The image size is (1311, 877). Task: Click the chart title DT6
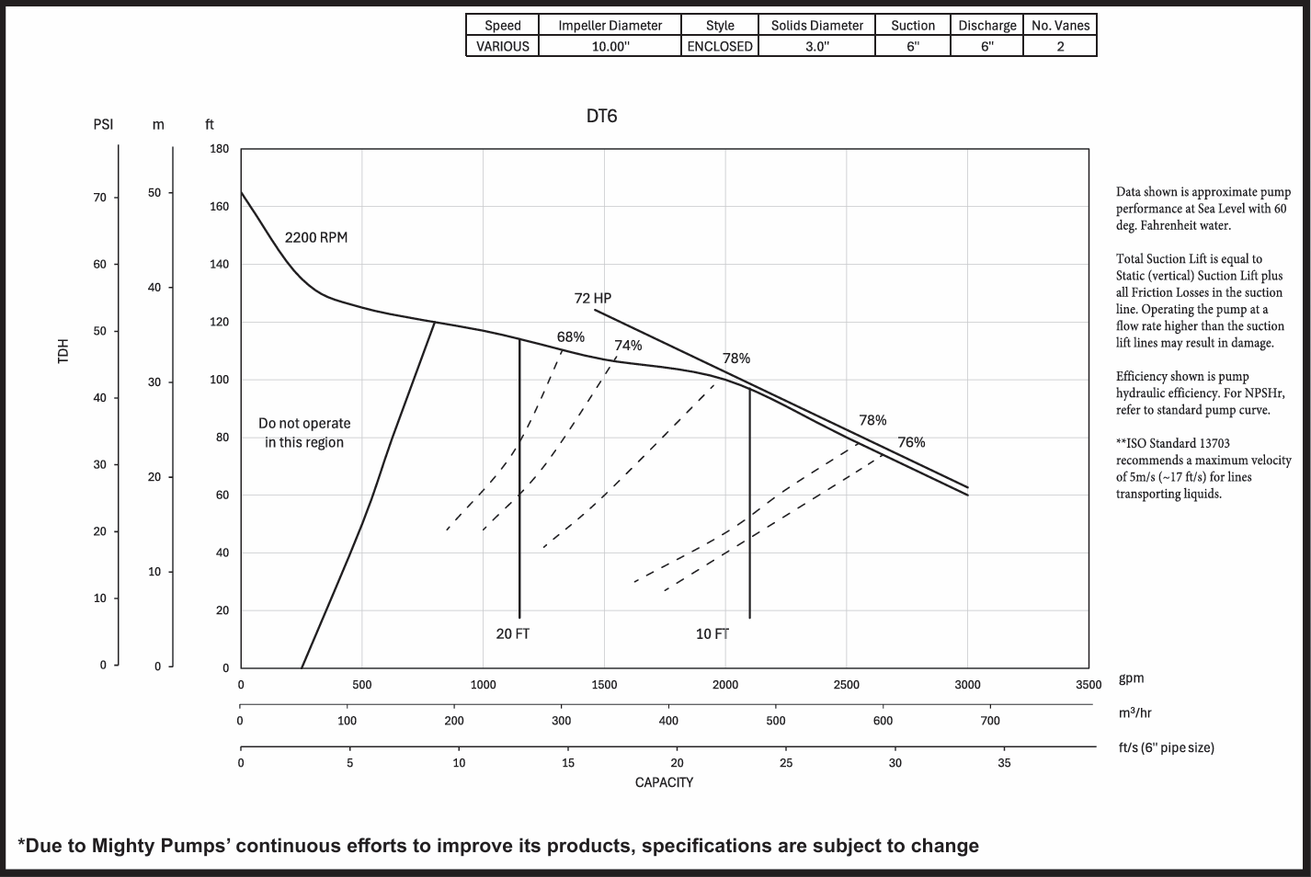601,116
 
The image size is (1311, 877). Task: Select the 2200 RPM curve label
315,237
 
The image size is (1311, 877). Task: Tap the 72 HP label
592,298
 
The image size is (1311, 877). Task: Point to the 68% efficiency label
570,337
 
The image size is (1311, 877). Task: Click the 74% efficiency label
628,346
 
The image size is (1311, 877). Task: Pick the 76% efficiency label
911,442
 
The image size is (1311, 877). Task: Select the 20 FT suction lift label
512,633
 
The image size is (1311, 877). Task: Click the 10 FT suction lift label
712,633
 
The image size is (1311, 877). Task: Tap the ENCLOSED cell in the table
720,46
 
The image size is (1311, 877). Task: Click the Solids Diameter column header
816,26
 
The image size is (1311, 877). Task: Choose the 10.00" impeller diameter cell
610,46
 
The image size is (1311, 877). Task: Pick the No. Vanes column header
1060,26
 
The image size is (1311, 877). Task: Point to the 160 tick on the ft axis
219,207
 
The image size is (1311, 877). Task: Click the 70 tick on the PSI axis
99,198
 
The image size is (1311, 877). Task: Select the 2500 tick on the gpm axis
846,685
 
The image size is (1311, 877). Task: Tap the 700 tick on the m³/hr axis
989,721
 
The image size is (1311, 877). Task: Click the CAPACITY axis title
664,782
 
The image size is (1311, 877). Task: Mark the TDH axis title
63,350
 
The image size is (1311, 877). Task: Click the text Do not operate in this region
304,433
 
